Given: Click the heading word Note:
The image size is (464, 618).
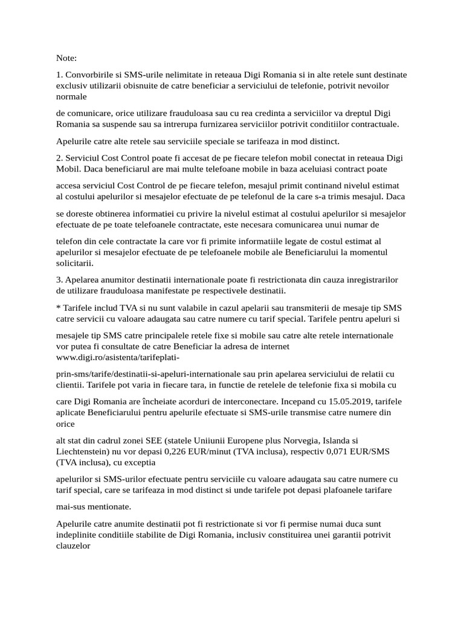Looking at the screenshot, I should (x=66, y=59).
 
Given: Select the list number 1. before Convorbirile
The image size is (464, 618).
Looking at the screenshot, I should (x=59, y=75).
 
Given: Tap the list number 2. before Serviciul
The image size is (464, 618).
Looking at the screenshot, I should (x=59, y=158).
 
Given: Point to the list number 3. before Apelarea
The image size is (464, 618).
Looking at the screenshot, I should (x=59, y=280).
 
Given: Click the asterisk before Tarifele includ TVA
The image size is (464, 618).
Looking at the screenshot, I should (x=58, y=308).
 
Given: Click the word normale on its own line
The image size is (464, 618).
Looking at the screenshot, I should (x=71, y=96).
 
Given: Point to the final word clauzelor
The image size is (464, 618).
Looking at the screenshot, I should (x=73, y=545).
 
